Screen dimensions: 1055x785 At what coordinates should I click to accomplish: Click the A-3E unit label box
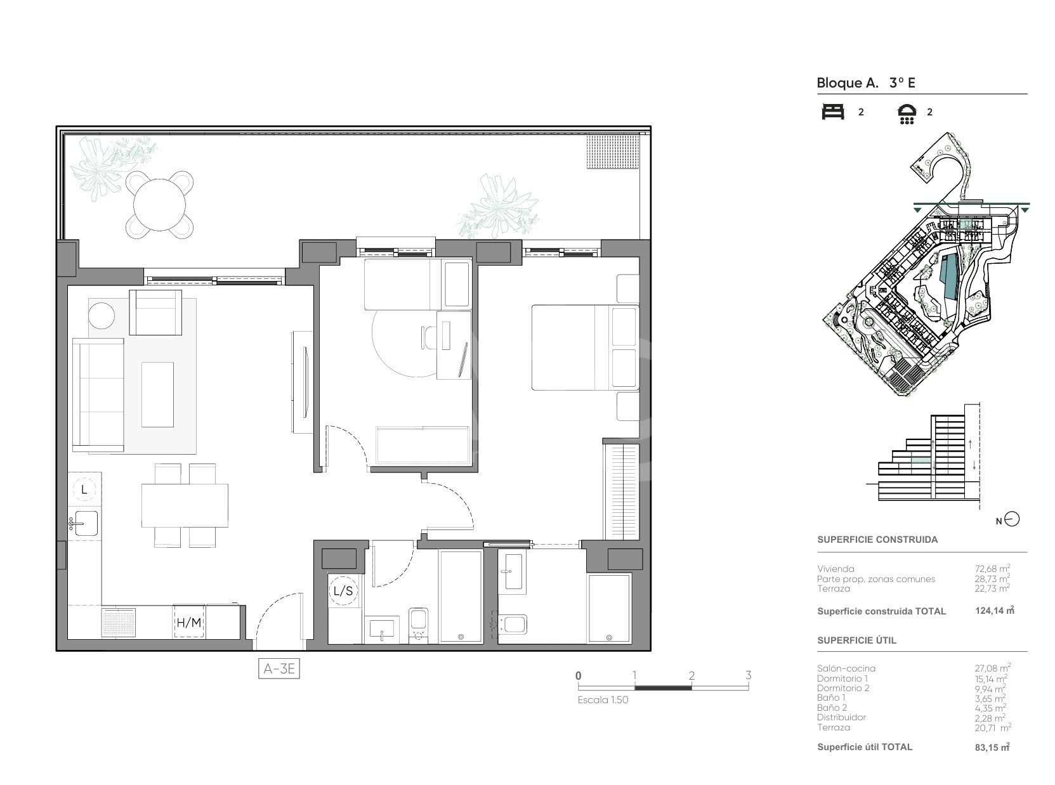click(278, 668)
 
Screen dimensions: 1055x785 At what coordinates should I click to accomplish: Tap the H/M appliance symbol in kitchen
click(189, 621)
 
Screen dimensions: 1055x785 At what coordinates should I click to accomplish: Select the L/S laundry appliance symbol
click(343, 590)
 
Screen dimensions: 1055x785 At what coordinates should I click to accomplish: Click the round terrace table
click(159, 204)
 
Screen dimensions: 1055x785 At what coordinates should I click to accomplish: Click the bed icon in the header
click(833, 112)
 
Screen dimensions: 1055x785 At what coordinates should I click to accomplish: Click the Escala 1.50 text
click(603, 700)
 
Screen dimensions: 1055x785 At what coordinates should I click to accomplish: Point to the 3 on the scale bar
click(748, 675)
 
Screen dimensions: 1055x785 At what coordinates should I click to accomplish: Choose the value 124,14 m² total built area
click(995, 611)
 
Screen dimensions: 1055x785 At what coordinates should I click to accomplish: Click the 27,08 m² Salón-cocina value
click(993, 668)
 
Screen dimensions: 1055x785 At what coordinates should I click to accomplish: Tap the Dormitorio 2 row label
click(843, 688)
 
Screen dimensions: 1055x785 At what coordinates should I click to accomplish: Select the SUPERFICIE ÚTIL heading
click(856, 640)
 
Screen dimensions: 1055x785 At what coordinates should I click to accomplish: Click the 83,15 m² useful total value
click(992, 747)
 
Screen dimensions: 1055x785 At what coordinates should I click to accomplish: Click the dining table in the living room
click(185, 505)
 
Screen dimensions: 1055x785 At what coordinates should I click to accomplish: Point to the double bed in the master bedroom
click(585, 347)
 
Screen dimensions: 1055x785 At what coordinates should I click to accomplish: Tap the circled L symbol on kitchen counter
click(84, 490)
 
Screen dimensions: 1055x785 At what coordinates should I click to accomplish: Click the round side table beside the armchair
click(102, 316)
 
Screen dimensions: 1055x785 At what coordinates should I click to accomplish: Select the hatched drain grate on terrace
click(613, 152)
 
